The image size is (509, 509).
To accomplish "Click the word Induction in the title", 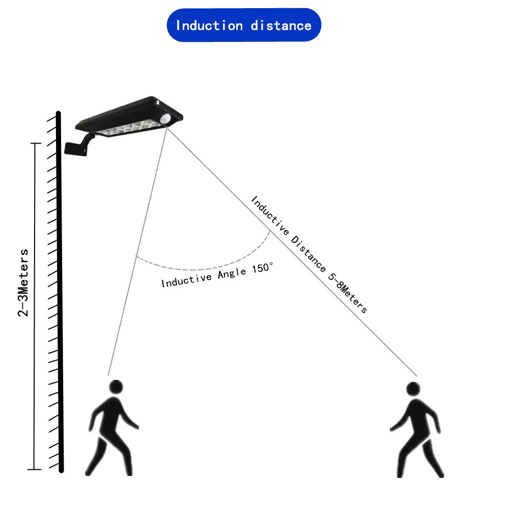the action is click(209, 25).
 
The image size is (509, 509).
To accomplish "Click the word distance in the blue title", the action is click(281, 25).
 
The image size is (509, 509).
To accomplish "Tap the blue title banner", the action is click(244, 25).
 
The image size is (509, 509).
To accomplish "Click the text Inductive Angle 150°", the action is click(217, 275).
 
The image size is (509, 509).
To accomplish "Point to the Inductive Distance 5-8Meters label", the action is click(308, 254).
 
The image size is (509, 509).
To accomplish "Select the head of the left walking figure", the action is click(117, 386).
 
